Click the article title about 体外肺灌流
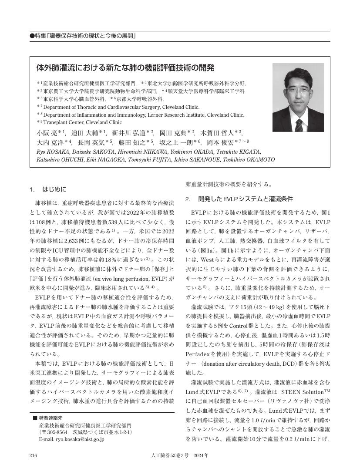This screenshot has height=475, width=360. coord(125,68)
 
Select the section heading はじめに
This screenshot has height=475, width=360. coord(54,189)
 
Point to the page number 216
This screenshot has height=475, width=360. coord(33,455)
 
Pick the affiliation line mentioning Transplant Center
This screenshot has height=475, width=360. coord(82,122)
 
